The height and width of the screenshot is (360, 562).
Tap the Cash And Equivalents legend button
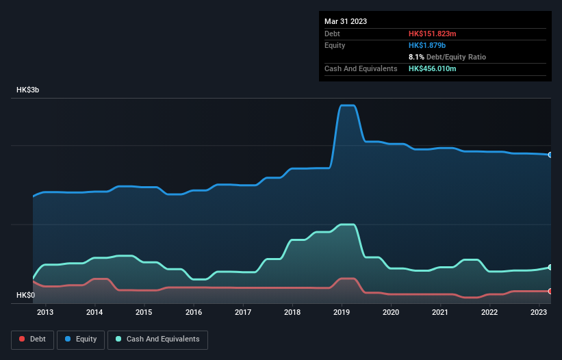(157, 339)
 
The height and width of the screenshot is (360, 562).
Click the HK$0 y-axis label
(26, 295)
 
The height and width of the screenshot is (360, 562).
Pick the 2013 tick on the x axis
(45, 313)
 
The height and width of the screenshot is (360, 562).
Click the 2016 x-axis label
(194, 313)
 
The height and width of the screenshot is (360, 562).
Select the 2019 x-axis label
(342, 313)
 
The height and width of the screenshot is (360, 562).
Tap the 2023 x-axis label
(539, 313)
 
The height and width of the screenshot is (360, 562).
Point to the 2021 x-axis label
(440, 313)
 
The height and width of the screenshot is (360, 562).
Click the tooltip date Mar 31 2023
(346, 21)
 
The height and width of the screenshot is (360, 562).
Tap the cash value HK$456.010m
(433, 69)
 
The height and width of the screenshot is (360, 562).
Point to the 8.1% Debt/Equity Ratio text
(448, 57)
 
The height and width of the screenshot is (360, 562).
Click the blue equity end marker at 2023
(550, 155)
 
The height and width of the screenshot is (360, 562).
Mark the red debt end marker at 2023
(550, 291)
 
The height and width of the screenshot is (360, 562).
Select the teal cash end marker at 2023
(550, 267)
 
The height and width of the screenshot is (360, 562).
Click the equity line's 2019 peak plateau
(347, 105)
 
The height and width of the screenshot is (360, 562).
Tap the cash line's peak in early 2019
(347, 224)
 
